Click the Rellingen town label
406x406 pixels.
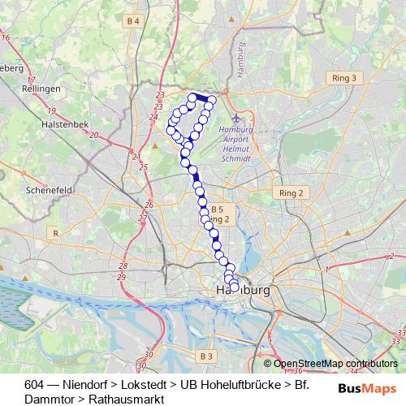pyautogui.click(x=43, y=88)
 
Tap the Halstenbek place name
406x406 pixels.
pyautogui.click(x=58, y=124)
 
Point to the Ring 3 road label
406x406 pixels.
pyautogui.click(x=344, y=77)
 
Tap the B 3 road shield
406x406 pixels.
pyautogui.click(x=205, y=356)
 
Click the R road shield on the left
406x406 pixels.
pyautogui.click(x=55, y=233)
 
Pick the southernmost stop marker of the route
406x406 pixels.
pyautogui.click(x=235, y=287)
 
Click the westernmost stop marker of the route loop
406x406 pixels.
pyautogui.click(x=171, y=130)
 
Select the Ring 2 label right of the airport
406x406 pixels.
pyautogui.click(x=290, y=193)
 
